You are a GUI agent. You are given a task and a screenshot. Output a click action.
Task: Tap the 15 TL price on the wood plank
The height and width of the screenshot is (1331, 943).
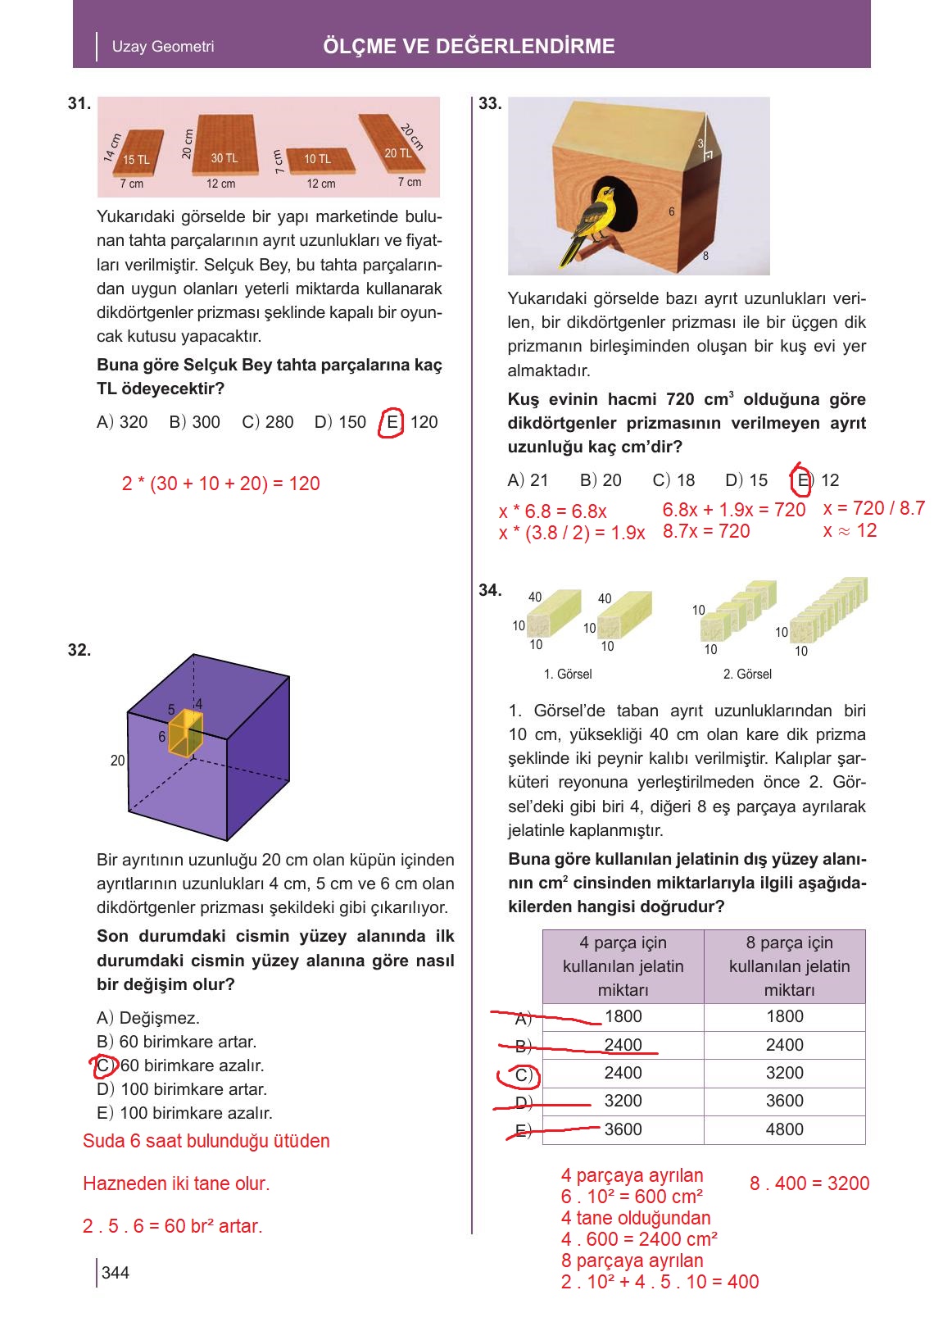click(136, 160)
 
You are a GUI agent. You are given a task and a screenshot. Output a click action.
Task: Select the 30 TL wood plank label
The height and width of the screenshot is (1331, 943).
click(224, 158)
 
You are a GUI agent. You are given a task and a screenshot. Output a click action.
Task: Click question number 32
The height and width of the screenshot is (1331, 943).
click(79, 651)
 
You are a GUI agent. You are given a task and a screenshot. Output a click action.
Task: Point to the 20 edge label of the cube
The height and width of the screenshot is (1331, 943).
click(118, 761)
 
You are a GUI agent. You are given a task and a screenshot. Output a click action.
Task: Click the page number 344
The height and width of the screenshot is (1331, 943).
click(116, 1273)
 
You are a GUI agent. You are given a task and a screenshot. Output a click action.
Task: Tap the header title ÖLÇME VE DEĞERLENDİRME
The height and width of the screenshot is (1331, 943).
click(469, 47)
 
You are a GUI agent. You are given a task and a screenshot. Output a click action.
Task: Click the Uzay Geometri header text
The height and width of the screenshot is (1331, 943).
click(163, 47)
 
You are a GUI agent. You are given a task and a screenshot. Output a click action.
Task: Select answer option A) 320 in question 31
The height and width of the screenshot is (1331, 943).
click(122, 422)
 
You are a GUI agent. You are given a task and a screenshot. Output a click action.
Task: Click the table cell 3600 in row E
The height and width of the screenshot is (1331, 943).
click(623, 1129)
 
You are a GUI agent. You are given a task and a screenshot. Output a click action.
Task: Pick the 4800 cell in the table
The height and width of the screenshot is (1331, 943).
click(784, 1129)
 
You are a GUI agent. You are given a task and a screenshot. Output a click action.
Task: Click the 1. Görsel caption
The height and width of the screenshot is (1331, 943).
click(568, 674)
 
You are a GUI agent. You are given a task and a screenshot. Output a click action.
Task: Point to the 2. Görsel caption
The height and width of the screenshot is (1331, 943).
click(747, 674)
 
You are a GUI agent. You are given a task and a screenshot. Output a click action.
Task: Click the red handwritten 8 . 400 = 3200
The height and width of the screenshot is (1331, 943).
click(809, 1183)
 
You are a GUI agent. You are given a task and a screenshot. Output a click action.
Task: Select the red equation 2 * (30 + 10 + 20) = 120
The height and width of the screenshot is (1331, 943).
click(220, 484)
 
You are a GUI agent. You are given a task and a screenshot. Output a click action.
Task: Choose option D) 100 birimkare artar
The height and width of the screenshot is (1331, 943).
click(182, 1089)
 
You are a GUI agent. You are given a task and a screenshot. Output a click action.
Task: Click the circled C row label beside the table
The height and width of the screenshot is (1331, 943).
click(522, 1074)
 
